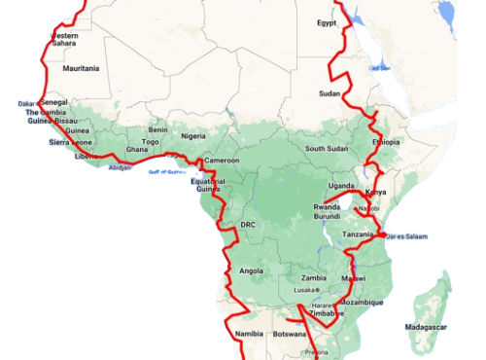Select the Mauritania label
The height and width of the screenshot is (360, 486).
(81, 69)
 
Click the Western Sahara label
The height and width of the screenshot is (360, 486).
(64, 39)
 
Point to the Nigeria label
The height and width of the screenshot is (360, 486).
(193, 136)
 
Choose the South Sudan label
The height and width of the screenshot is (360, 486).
(326, 149)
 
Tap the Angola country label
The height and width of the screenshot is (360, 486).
(251, 270)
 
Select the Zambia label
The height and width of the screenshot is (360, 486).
(312, 277)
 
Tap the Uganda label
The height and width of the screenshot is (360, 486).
(341, 185)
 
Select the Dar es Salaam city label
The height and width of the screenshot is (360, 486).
(406, 236)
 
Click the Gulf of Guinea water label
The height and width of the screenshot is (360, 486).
(165, 172)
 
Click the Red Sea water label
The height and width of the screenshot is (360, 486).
(379, 67)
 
